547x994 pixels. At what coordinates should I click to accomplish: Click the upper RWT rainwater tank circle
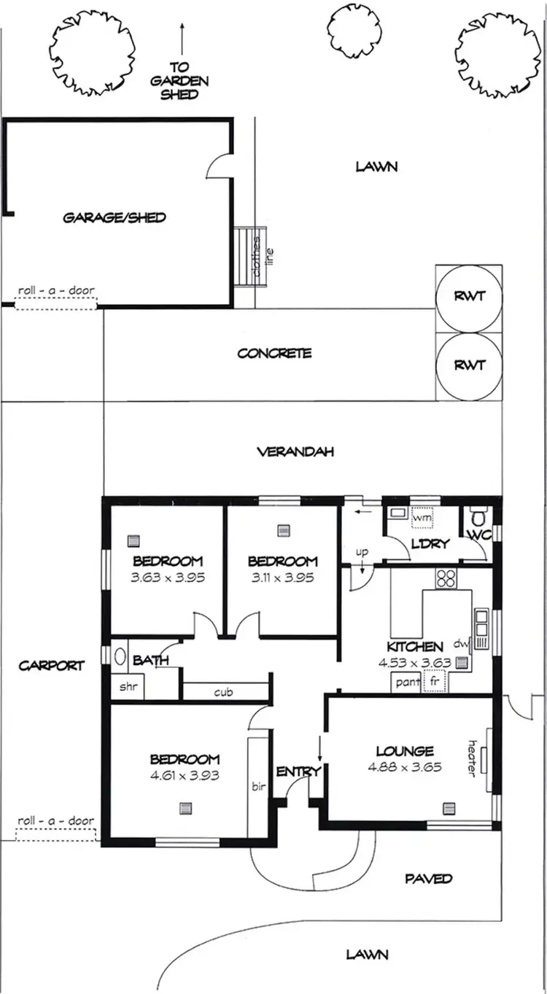469,297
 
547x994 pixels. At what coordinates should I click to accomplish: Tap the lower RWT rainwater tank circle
469,365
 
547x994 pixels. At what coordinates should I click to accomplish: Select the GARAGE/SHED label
115,217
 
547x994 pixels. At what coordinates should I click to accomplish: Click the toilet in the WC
479,519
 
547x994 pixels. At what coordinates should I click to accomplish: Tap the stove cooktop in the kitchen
446,578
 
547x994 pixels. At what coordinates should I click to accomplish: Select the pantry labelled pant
407,683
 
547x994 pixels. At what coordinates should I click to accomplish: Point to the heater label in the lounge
472,758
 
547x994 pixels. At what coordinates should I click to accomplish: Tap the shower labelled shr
128,686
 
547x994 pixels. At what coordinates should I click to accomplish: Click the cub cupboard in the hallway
224,691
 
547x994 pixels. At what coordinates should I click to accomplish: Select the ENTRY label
295,772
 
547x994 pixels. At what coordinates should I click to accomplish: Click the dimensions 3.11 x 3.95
282,577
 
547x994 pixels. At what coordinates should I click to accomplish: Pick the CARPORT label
52,665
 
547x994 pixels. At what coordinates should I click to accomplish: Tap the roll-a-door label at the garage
56,290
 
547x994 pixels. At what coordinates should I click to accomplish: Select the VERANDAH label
295,452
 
